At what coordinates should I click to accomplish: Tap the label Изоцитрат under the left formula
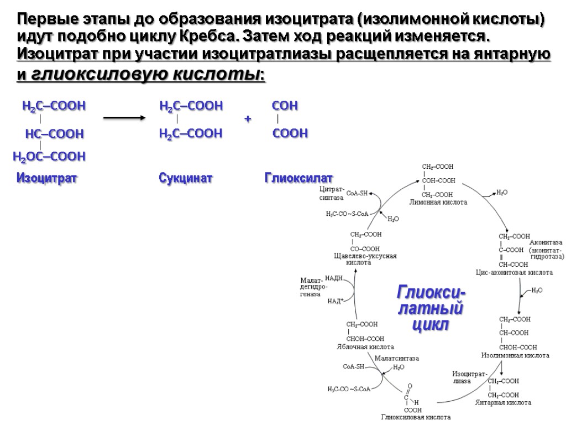47,178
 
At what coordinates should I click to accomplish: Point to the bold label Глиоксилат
298,178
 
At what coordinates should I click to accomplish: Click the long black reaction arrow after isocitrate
124,118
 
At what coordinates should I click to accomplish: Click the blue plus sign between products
248,120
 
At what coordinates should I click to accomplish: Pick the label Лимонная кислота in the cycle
438,203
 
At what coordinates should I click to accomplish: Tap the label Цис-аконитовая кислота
514,273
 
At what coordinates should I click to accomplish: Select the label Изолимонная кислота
515,355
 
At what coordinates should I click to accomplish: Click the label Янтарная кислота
503,403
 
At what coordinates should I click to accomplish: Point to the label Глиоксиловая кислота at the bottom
416,417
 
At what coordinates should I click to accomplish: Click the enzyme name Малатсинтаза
396,359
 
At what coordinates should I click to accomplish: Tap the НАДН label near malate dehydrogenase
334,278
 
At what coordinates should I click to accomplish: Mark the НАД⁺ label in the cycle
335,302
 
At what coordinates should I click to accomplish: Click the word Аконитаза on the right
546,242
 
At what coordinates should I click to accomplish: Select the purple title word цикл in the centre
431,324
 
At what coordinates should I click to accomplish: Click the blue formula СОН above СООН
285,106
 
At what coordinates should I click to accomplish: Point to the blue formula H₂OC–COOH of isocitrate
49,157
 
